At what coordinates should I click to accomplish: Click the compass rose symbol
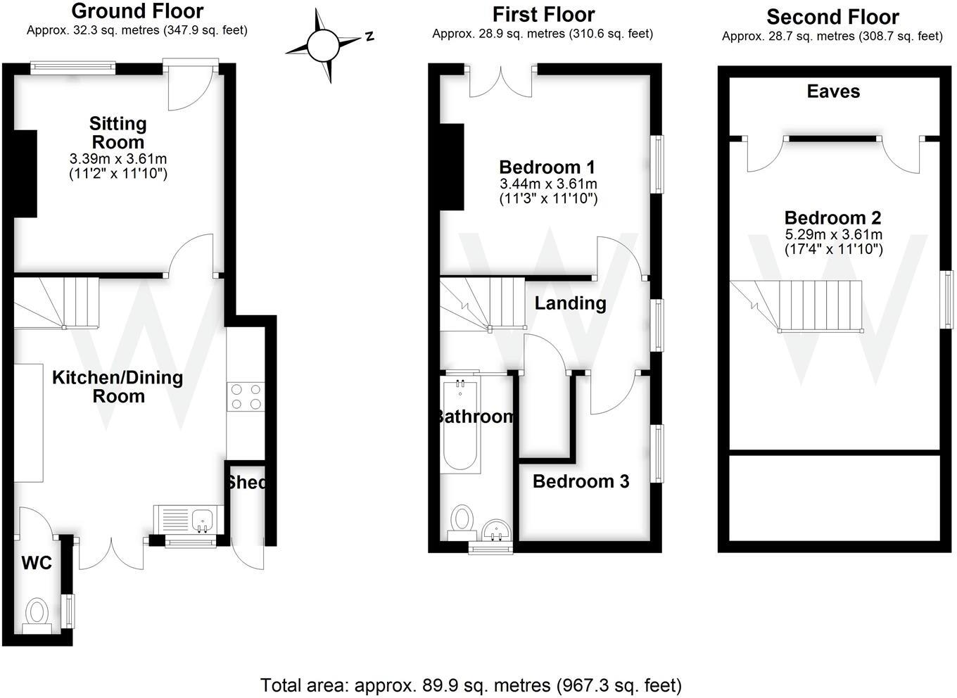click(x=323, y=46)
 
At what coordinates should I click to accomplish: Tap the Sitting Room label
click(x=118, y=132)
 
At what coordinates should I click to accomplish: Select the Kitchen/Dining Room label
click(x=118, y=386)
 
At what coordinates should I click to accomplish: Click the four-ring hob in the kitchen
click(x=246, y=396)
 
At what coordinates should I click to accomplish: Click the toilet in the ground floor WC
click(x=36, y=613)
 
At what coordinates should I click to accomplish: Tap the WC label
click(x=37, y=563)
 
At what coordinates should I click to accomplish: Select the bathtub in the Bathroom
click(x=460, y=426)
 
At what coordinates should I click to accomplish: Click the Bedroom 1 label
click(x=547, y=167)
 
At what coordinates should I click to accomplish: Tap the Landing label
click(x=570, y=303)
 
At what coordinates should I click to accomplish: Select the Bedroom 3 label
click(x=581, y=481)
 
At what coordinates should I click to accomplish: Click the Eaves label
click(x=833, y=91)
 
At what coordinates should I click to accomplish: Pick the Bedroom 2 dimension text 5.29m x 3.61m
click(x=833, y=234)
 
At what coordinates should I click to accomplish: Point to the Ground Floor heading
click(x=137, y=11)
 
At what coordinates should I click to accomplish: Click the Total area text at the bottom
click(x=471, y=685)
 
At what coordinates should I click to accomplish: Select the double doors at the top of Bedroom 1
click(x=500, y=81)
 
